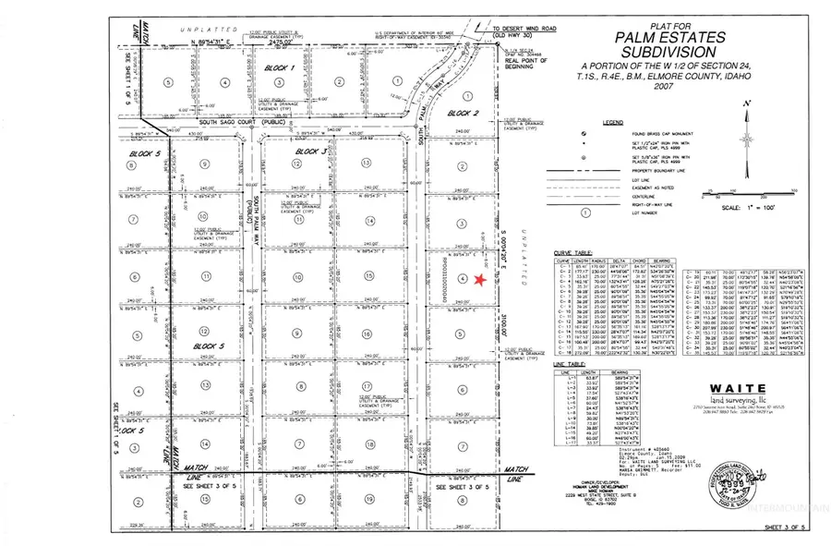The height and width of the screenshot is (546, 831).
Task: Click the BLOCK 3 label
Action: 310,151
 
